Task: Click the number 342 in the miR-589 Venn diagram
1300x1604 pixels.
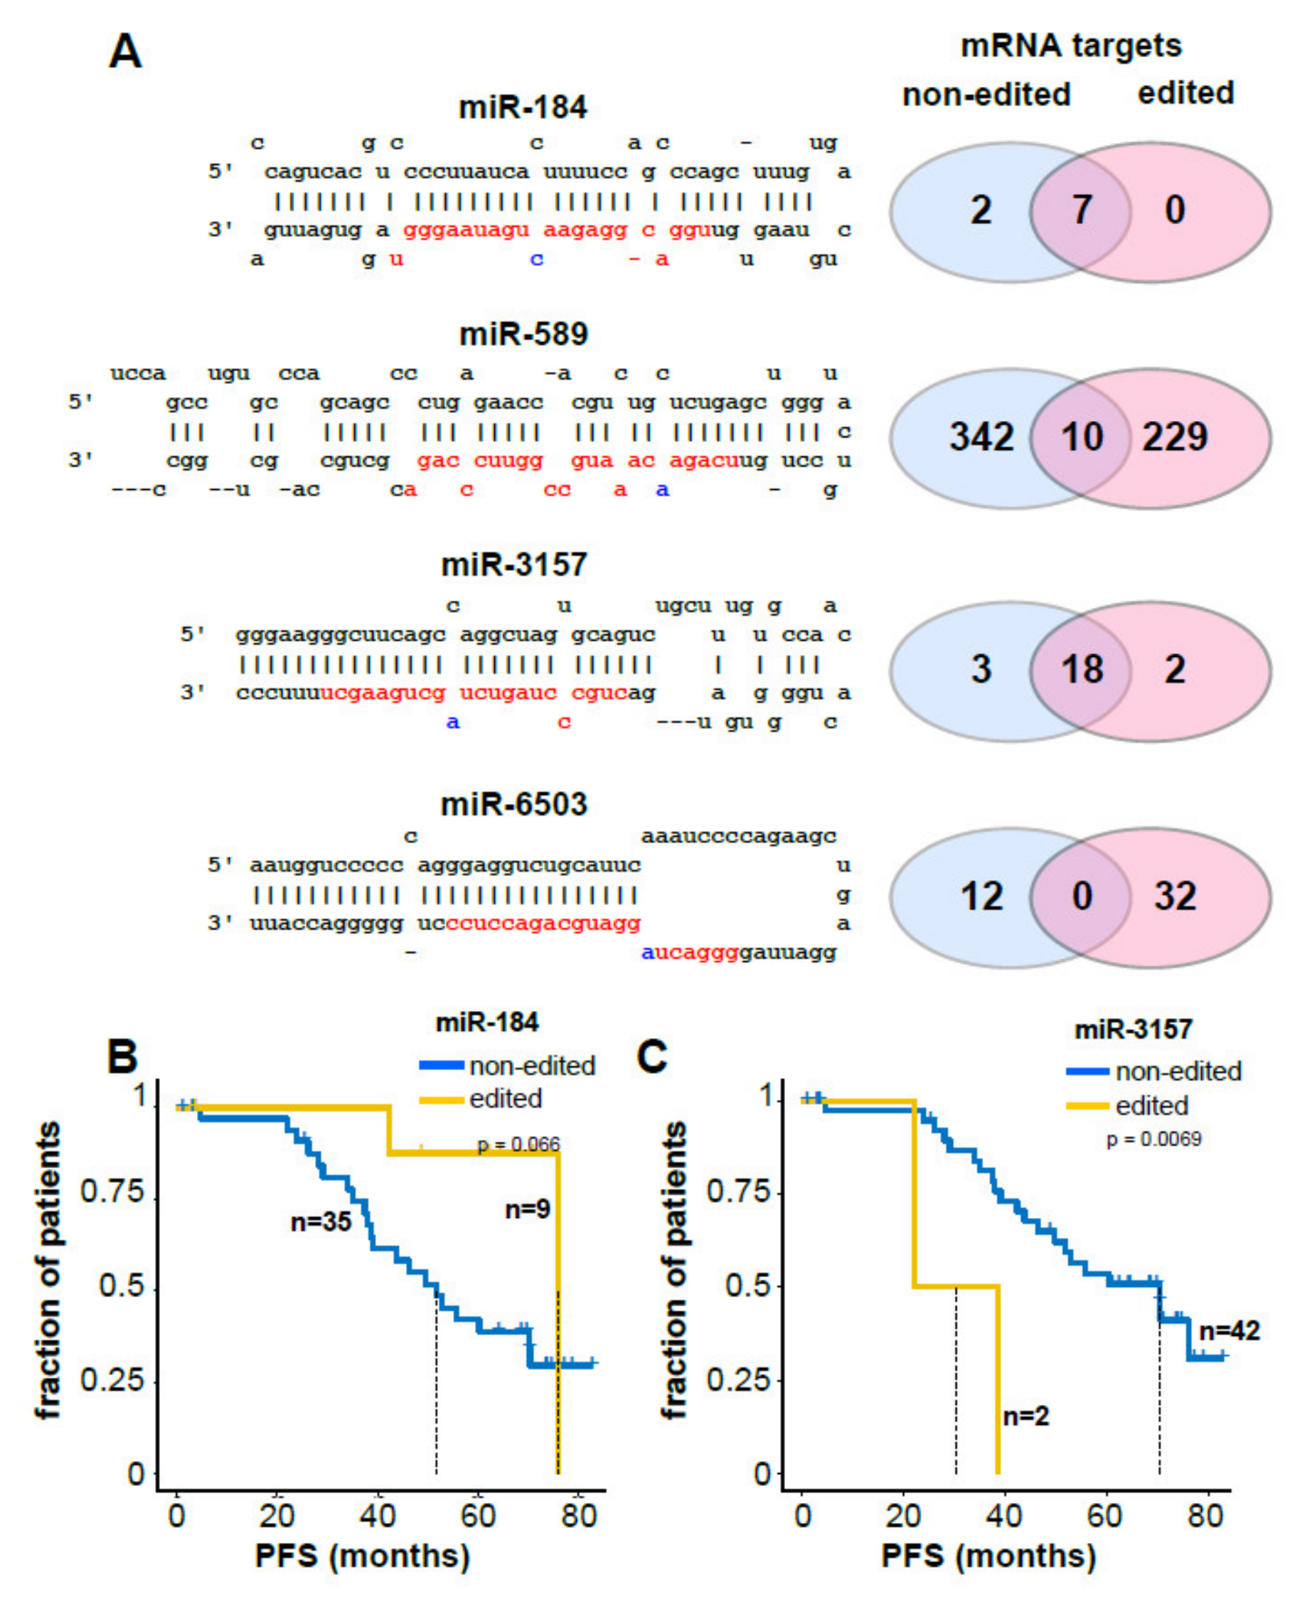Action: (981, 437)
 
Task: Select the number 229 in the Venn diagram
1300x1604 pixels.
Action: (1174, 437)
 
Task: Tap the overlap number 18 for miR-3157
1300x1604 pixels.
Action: (1082, 668)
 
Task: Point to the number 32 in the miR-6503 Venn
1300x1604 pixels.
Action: (1174, 896)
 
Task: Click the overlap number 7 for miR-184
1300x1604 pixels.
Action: (1082, 209)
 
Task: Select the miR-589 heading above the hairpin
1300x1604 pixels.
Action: (523, 334)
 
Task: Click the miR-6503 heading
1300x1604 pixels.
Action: (513, 804)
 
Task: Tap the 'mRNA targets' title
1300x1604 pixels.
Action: (1071, 46)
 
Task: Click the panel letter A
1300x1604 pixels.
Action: (124, 53)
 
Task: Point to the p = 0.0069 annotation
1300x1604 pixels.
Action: (1154, 1139)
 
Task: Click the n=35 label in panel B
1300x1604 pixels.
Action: (321, 1222)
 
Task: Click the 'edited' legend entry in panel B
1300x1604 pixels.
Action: (505, 1098)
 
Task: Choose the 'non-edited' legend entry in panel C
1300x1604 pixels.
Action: (1178, 1071)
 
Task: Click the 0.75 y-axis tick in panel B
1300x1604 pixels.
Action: (112, 1191)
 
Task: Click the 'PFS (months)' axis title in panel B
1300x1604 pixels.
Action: (363, 1556)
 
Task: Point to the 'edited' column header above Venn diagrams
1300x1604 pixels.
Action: (1186, 94)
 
